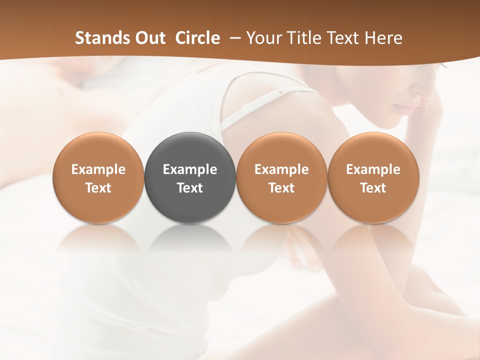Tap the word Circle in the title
[197, 38]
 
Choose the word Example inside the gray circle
[190, 169]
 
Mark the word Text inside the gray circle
[190, 188]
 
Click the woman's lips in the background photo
[407, 108]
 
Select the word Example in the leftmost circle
[98, 169]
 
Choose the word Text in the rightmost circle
[373, 188]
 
